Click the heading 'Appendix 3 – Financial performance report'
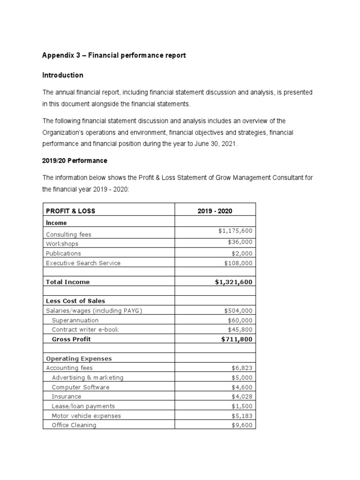pos(114,55)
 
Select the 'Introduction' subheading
pos(63,75)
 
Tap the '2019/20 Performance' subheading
pos(75,160)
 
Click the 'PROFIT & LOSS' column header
pos(70,211)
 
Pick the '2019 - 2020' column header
pos(215,211)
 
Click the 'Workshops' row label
pos(62,244)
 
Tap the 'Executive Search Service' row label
pos(83,263)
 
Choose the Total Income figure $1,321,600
pos(232,282)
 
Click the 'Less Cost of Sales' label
pos(75,300)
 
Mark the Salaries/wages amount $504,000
pos(239,310)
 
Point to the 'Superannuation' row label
pos(75,320)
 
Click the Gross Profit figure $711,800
pos(238,339)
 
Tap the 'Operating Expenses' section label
pos(79,359)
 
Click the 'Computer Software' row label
pos(80,387)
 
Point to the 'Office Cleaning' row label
pos(74,425)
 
